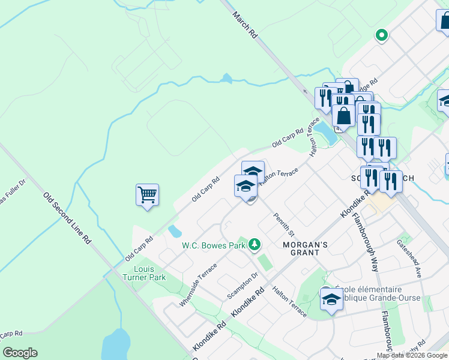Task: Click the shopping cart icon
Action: click(x=147, y=195)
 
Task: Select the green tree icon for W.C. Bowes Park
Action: click(x=255, y=244)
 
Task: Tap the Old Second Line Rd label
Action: click(x=67, y=217)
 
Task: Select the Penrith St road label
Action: click(x=284, y=224)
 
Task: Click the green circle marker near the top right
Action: click(x=381, y=35)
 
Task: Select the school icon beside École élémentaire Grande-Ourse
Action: click(x=331, y=299)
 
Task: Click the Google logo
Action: click(x=20, y=353)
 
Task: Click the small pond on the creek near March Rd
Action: click(x=226, y=78)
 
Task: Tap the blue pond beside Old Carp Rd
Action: click(x=175, y=231)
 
